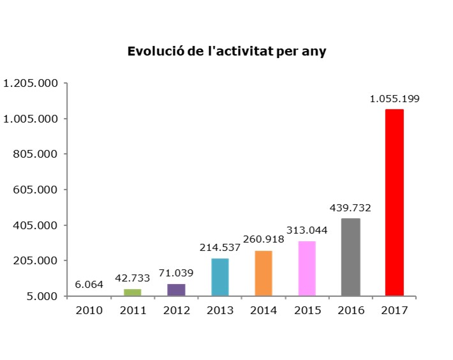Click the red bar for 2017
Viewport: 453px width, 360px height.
394,202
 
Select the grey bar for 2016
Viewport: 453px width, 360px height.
350,257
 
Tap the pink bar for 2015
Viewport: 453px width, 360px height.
307,268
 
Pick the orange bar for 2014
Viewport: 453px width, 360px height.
263,273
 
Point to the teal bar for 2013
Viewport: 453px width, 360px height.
219,277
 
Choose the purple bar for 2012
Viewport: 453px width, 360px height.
176,290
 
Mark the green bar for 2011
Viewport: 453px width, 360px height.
132,292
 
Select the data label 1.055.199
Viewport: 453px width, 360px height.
394,98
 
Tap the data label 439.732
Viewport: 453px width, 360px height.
350,207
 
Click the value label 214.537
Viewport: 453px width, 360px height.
219,248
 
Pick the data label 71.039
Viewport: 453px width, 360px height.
176,273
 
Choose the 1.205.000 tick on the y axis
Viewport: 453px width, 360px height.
31,83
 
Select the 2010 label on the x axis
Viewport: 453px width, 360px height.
89,310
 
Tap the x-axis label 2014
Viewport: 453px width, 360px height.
263,310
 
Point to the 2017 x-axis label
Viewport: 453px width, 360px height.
394,310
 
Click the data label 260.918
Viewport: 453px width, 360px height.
263,239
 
